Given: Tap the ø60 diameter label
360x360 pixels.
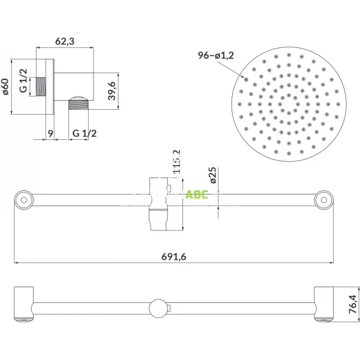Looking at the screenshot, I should pyautogui.click(x=6, y=88).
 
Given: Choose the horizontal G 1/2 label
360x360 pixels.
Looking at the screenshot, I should pyautogui.click(x=85, y=133).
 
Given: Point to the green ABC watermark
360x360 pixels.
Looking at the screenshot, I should pyautogui.click(x=197, y=194).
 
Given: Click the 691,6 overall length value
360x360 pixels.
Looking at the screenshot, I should pyautogui.click(x=175, y=257).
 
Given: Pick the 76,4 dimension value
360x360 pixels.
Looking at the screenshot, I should pyautogui.click(x=353, y=304).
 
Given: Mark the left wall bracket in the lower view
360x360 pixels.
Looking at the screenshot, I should pyautogui.click(x=24, y=304).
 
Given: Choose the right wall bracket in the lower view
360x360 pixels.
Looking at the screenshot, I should pyautogui.click(x=325, y=304).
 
